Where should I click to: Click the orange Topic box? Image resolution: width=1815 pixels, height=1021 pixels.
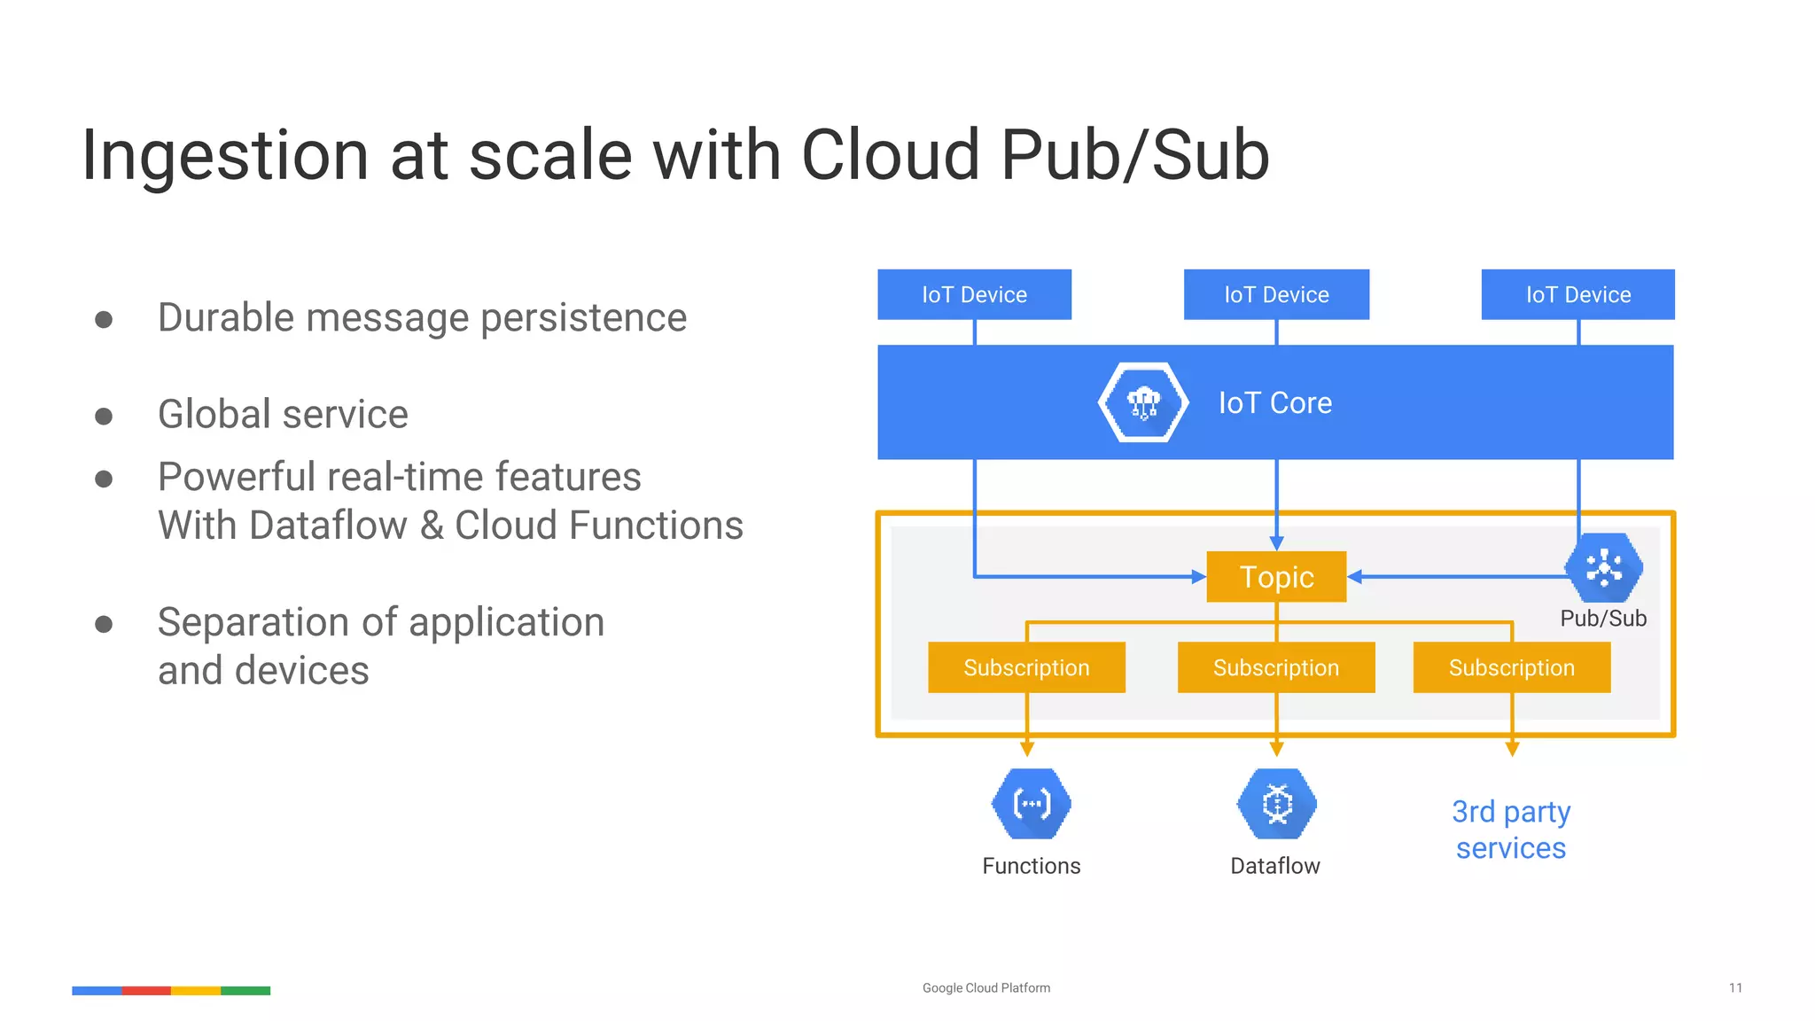[1276, 577]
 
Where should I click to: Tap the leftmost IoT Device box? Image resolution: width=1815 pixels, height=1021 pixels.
[974, 294]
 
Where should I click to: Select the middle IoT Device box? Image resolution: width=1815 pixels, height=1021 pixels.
[1276, 294]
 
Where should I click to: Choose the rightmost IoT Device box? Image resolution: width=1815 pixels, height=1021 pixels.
[1577, 294]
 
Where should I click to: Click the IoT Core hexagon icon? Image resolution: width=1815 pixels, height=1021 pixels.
[1143, 402]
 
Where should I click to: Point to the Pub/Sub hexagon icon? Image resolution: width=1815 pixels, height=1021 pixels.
[1603, 567]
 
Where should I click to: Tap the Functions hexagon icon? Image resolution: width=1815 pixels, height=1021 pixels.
[1032, 804]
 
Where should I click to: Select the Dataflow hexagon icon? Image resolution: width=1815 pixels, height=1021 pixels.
[1276, 804]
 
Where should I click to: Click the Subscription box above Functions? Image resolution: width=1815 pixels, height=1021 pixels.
[1026, 667]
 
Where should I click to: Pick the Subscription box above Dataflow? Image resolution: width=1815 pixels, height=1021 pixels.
[1276, 667]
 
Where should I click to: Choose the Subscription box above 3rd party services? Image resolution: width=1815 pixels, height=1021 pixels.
[1511, 667]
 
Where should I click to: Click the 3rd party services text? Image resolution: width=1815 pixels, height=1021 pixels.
[1511, 830]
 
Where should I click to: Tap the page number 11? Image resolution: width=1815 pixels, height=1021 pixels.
[1735, 988]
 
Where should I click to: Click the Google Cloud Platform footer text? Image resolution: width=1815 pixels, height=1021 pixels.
[985, 988]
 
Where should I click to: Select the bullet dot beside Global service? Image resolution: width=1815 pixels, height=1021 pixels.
[104, 416]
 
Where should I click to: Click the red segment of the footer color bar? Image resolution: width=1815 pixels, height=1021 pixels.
[146, 991]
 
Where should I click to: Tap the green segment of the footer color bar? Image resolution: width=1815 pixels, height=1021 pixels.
[245, 991]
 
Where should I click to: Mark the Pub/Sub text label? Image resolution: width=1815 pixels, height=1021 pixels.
[1603, 619]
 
